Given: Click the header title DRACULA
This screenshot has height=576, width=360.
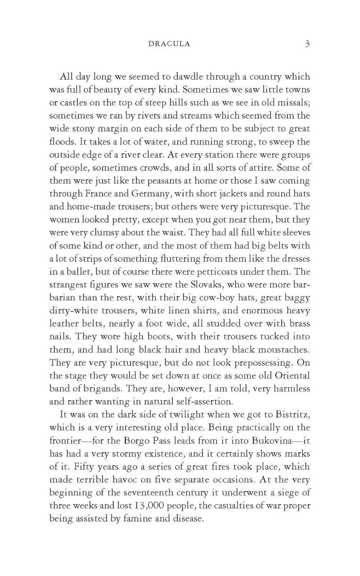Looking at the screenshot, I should [x=169, y=44].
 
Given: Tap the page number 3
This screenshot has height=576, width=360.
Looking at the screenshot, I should [x=307, y=44].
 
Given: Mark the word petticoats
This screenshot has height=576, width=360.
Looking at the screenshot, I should [x=219, y=272].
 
